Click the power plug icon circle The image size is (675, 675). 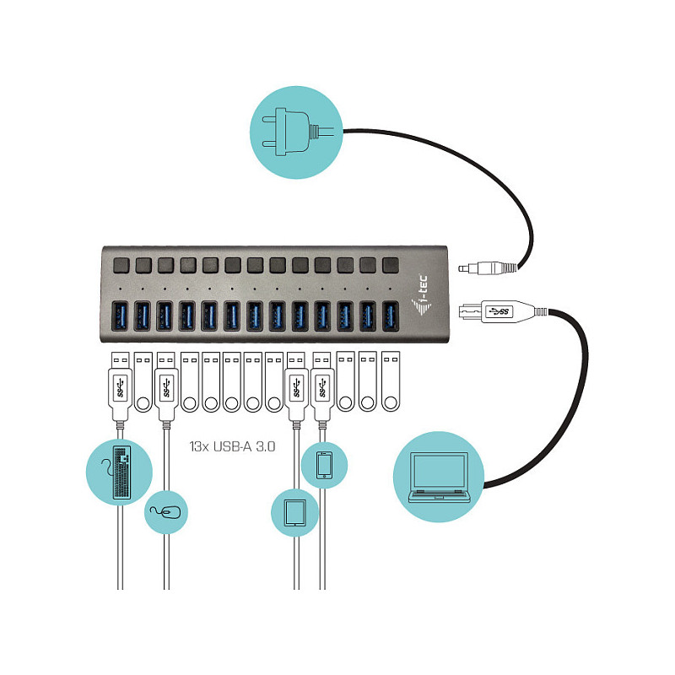[296, 132]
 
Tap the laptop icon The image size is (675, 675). [439, 477]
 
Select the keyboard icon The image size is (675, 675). [119, 472]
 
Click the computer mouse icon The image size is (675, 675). [165, 512]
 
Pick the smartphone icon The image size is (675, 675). [324, 465]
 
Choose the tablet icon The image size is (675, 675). [294, 513]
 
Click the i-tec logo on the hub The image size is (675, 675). [421, 295]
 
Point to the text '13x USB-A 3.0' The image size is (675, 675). [233, 446]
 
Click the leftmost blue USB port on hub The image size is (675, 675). [120, 316]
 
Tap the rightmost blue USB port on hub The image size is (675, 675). [390, 316]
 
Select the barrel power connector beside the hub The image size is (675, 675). [488, 268]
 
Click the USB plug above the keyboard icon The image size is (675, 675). [120, 386]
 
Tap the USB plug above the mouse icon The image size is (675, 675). [166, 386]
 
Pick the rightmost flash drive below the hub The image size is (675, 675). [391, 381]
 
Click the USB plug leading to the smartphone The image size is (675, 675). [322, 386]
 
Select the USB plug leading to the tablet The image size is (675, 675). [297, 386]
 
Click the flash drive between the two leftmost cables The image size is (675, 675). [143, 382]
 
